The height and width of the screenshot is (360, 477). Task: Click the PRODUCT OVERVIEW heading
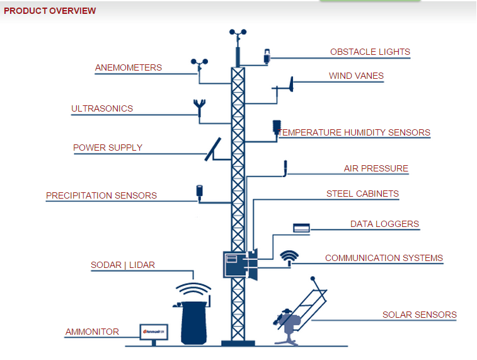50,11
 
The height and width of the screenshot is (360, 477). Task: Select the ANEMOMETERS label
129,67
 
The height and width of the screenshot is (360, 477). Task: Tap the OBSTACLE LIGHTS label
370,52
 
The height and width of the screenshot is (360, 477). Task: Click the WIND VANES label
356,76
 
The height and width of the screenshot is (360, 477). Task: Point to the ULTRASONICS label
102,108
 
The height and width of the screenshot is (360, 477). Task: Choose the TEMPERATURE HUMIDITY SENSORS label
354,132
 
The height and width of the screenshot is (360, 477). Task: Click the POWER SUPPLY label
108,148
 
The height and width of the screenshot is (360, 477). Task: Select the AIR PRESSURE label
376,168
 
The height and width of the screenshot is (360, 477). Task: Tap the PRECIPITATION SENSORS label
101,195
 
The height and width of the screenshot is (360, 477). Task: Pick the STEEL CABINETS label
362,194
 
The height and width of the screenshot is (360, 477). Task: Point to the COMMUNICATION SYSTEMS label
384,258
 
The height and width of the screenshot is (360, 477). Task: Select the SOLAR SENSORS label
419,315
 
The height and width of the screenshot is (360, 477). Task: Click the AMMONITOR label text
92,332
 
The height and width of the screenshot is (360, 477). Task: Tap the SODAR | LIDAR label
123,265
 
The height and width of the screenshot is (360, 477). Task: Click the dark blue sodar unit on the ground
194,322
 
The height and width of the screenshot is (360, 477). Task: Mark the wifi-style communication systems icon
289,256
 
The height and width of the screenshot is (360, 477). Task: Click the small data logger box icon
301,228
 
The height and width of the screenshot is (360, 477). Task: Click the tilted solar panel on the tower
212,149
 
